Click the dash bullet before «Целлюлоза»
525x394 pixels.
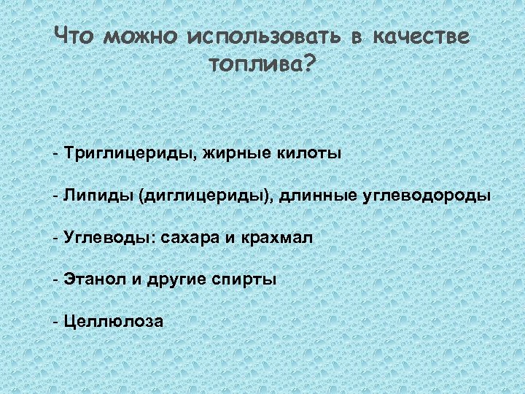pos(55,322)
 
